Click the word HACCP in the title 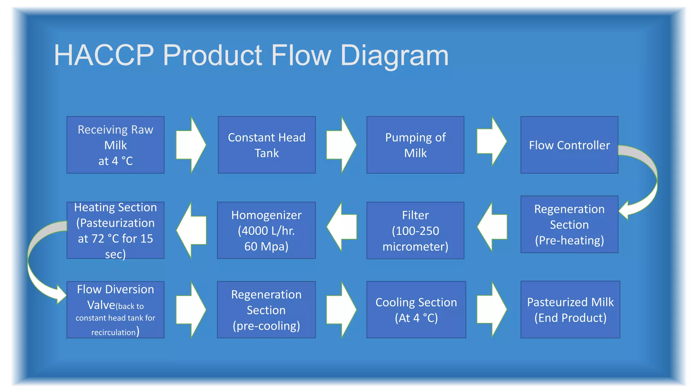[x=104, y=55]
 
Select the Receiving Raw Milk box [x=115, y=145]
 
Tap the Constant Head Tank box [x=266, y=145]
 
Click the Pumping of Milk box [x=415, y=145]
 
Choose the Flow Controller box [x=569, y=145]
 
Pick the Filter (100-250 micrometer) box [x=415, y=230]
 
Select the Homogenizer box [x=266, y=230]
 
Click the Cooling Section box [x=416, y=310]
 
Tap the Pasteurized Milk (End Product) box [x=570, y=310]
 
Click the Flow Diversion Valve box [x=115, y=310]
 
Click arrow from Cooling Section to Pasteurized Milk [x=492, y=310]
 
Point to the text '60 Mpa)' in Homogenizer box [x=266, y=246]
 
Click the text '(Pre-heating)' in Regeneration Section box [x=569, y=240]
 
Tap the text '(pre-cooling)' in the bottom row [x=266, y=326]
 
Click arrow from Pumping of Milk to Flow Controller [x=492, y=142]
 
